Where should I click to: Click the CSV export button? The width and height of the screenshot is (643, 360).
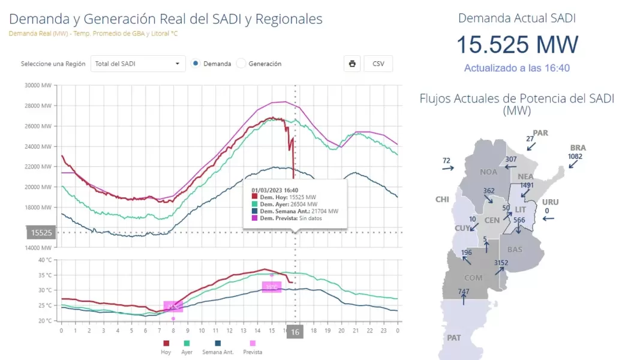pos(378,64)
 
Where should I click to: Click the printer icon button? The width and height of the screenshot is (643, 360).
pos(352,64)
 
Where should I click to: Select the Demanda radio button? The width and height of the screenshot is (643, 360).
pos(196,64)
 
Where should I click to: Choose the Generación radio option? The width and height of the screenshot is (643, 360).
pos(241,64)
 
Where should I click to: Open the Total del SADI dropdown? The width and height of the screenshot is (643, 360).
pos(138,64)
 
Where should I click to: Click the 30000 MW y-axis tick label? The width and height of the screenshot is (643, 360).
pos(38,85)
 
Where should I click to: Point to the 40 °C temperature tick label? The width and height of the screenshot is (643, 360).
pos(45,260)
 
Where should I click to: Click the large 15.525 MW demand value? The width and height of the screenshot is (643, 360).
pos(517,45)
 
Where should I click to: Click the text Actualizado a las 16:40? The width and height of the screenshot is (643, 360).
pos(516,68)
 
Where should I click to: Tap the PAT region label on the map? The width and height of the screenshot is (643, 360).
pos(454,338)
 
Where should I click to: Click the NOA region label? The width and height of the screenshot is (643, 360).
pos(489,172)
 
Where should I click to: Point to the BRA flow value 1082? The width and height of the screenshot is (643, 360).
pos(575,157)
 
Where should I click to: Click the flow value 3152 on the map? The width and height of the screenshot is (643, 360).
pos(500,263)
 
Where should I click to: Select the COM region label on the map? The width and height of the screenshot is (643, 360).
pos(473,278)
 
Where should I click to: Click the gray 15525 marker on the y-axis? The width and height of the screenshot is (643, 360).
pos(41,232)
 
